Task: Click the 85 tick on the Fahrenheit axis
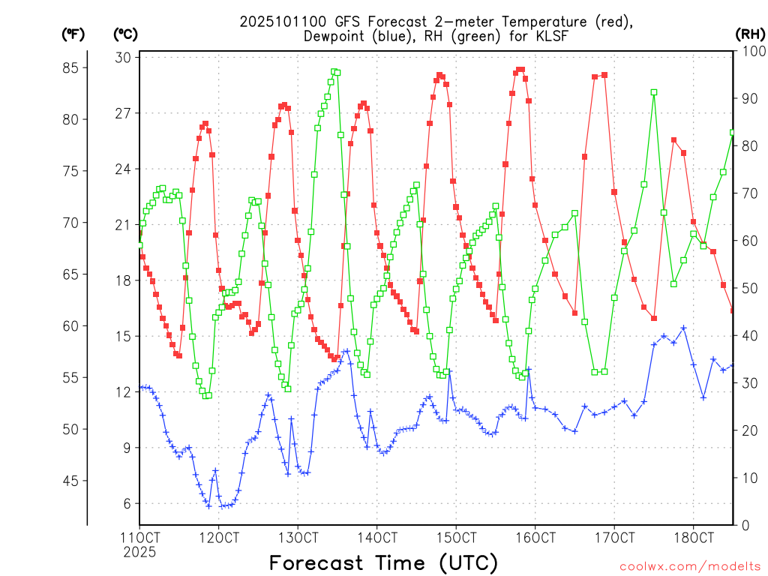point(74,67)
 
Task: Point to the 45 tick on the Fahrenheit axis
point(74,481)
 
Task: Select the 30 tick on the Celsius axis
point(124,58)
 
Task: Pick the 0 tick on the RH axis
point(742,525)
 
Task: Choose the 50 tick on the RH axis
point(747,289)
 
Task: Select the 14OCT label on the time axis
point(377,538)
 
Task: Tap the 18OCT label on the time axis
point(694,538)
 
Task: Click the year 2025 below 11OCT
point(139,553)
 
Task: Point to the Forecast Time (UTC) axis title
point(383,562)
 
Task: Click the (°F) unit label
point(73,34)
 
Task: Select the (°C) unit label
point(125,34)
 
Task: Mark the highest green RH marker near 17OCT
point(654,92)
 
